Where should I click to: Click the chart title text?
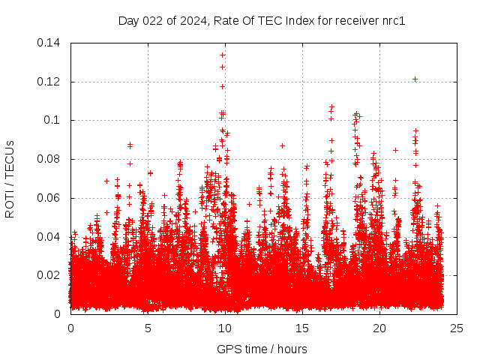(262, 20)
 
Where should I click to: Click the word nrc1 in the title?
(391, 20)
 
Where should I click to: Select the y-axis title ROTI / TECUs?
(10, 178)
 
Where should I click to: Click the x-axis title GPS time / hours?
(262, 349)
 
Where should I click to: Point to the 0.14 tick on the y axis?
(50, 43)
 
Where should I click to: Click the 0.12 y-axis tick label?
(50, 82)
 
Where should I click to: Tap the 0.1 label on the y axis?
(53, 120)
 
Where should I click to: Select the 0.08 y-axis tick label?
(50, 159)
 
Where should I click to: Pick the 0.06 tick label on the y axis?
(50, 198)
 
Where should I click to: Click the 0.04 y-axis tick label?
(50, 237)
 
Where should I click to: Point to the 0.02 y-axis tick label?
(50, 275)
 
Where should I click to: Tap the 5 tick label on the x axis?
(148, 328)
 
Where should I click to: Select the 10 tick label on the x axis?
(225, 328)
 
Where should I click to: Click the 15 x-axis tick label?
(302, 328)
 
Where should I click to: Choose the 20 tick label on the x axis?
(379, 328)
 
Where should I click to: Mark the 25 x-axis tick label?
(457, 328)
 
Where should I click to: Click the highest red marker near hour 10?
(222, 55)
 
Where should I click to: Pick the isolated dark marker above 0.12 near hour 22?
(415, 79)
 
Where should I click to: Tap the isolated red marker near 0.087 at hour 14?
(283, 145)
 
